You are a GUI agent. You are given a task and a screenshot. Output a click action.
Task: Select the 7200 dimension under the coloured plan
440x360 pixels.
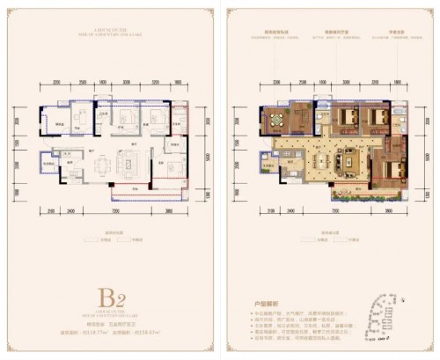335,212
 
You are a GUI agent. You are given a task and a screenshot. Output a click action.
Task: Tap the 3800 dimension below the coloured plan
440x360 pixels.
390,212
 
